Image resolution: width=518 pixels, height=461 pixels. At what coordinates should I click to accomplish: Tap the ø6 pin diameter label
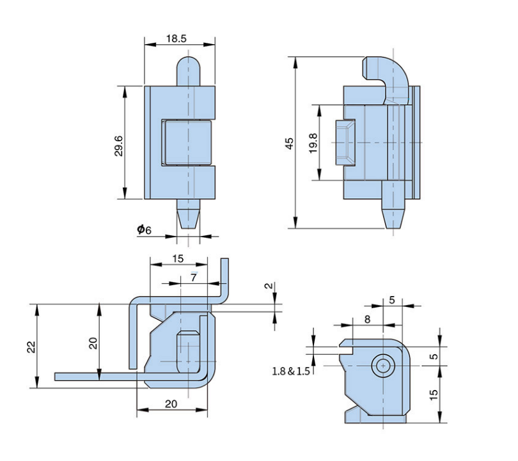[144, 230]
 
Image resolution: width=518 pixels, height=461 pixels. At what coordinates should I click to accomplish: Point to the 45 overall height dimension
[289, 143]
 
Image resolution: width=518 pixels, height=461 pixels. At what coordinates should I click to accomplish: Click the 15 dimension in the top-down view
[177, 258]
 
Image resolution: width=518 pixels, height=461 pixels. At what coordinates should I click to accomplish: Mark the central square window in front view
[188, 142]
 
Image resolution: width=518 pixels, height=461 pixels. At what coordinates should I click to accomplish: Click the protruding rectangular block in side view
[345, 141]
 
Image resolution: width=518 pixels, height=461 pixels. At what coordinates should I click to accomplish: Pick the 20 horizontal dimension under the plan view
[171, 403]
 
